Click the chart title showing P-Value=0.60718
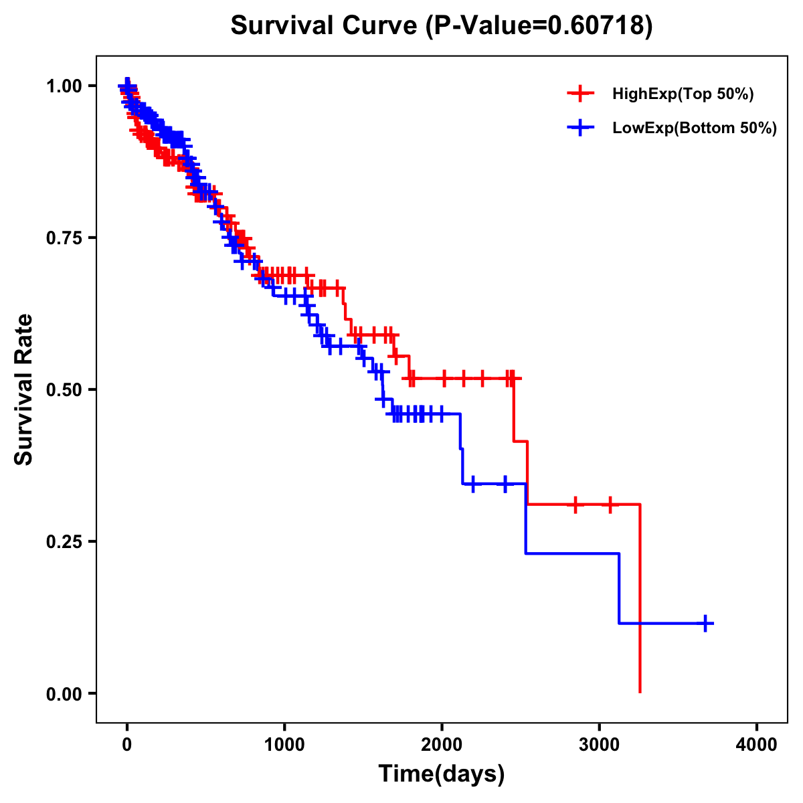point(441,25)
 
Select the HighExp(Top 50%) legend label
point(683,94)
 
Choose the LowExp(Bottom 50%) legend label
point(695,128)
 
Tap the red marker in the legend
point(581,94)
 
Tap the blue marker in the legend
point(581,128)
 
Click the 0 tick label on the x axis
point(127,745)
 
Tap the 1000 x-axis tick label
point(284,745)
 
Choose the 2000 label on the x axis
point(442,745)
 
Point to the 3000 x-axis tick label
point(599,745)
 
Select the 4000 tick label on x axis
point(757,745)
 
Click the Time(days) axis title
point(442,774)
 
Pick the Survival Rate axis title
point(24,389)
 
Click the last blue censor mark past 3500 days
point(705,623)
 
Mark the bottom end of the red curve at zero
point(640,691)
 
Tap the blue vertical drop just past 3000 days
point(619,589)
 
